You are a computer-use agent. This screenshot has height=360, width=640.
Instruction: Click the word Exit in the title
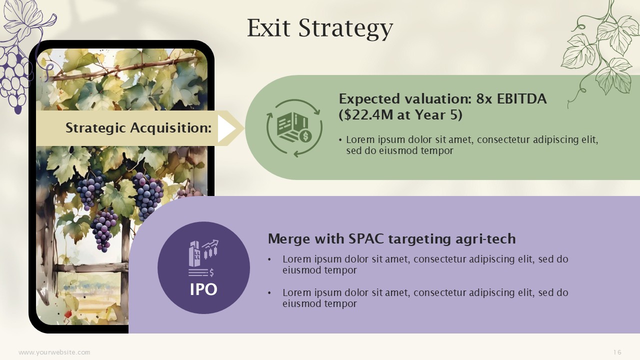point(268,28)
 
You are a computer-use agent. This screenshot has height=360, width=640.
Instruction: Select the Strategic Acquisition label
point(138,127)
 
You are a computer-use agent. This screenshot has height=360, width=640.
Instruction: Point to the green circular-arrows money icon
point(294,128)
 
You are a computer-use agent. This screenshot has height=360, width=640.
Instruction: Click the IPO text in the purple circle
point(203,289)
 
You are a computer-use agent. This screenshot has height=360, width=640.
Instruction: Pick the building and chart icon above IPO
point(203,258)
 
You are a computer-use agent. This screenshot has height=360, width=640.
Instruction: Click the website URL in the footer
point(54,352)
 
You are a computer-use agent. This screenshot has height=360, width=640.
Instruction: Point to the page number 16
point(617,352)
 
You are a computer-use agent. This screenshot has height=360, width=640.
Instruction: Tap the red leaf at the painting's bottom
point(67,313)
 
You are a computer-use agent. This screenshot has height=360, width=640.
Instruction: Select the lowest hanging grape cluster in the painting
point(103,230)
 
